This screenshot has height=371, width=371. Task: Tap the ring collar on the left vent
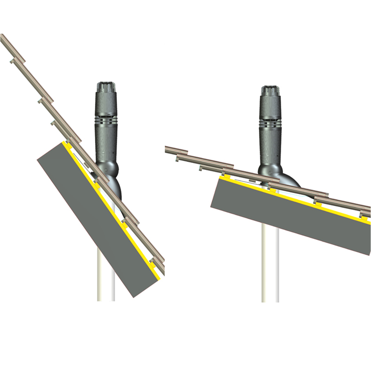106,121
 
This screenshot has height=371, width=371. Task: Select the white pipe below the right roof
270,271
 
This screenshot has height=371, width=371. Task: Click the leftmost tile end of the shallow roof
169,149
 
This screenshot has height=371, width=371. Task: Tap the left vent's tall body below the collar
106,143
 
